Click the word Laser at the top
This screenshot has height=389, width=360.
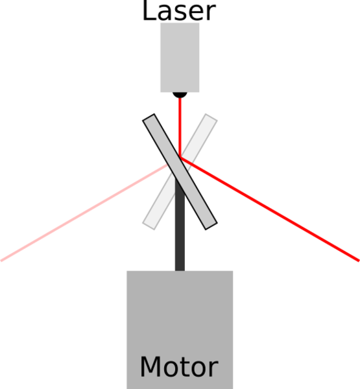[x=179, y=11]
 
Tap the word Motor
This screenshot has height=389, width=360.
[x=179, y=367]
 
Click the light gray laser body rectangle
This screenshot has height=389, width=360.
[x=180, y=58]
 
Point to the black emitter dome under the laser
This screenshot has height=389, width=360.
[x=180, y=95]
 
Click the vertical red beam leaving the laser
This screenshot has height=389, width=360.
[x=180, y=128]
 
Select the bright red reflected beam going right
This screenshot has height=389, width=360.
[x=270, y=209]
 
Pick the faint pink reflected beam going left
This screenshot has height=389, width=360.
[x=84, y=213]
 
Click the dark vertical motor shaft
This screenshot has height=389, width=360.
[x=180, y=224]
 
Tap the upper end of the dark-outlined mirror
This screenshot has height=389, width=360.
[x=149, y=117]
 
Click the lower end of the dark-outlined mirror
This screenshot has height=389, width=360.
[x=211, y=226]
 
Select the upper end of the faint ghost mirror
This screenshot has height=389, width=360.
[x=211, y=117]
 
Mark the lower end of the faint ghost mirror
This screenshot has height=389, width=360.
[x=149, y=226]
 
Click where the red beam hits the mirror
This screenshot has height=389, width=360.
[x=180, y=158]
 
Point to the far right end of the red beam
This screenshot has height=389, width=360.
[x=359, y=261]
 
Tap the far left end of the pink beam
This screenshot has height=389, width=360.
[x=1, y=261]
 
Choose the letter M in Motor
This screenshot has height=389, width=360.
[x=150, y=367]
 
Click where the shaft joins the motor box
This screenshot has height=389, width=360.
[x=180, y=270]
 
